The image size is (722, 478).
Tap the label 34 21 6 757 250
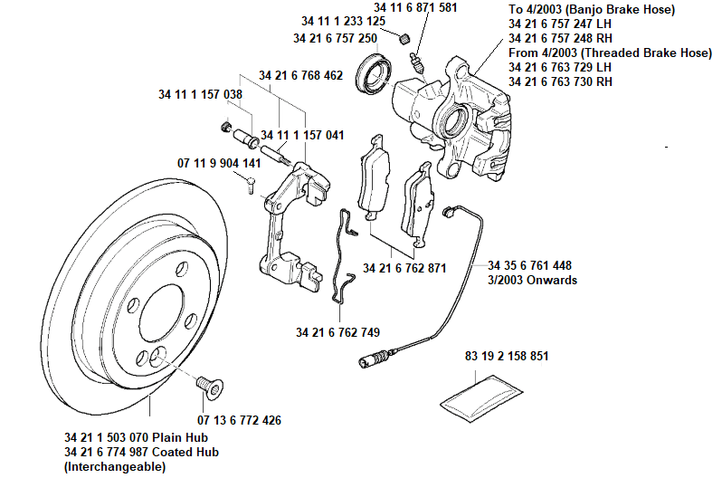point(335,39)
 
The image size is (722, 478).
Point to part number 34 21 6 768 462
point(300,75)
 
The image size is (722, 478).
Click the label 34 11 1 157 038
point(200,94)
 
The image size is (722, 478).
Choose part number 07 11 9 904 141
point(218,163)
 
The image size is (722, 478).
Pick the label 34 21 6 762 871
point(404,269)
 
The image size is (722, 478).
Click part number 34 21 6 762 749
point(337,331)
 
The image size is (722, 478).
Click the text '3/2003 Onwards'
point(532,281)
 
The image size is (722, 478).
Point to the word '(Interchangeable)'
point(115,466)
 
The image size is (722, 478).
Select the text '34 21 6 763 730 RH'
point(560,82)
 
